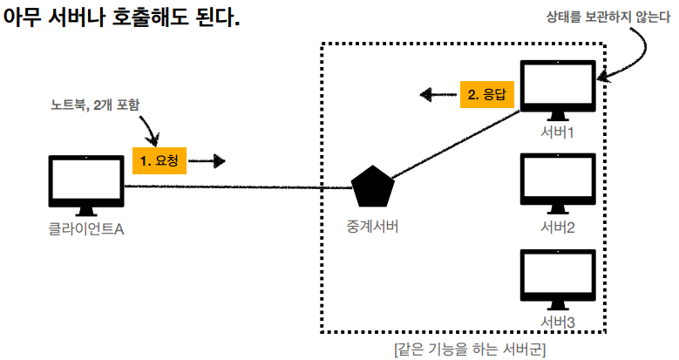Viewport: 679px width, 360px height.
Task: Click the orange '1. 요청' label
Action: click(159, 160)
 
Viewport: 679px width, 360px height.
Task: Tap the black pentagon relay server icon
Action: click(373, 186)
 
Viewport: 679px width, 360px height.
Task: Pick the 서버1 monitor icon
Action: click(557, 88)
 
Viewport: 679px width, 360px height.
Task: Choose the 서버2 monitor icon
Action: click(557, 182)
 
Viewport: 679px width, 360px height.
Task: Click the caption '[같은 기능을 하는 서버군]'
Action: click(469, 350)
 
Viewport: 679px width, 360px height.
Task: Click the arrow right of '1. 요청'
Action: click(207, 161)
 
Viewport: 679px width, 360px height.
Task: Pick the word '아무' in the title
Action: click(23, 17)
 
